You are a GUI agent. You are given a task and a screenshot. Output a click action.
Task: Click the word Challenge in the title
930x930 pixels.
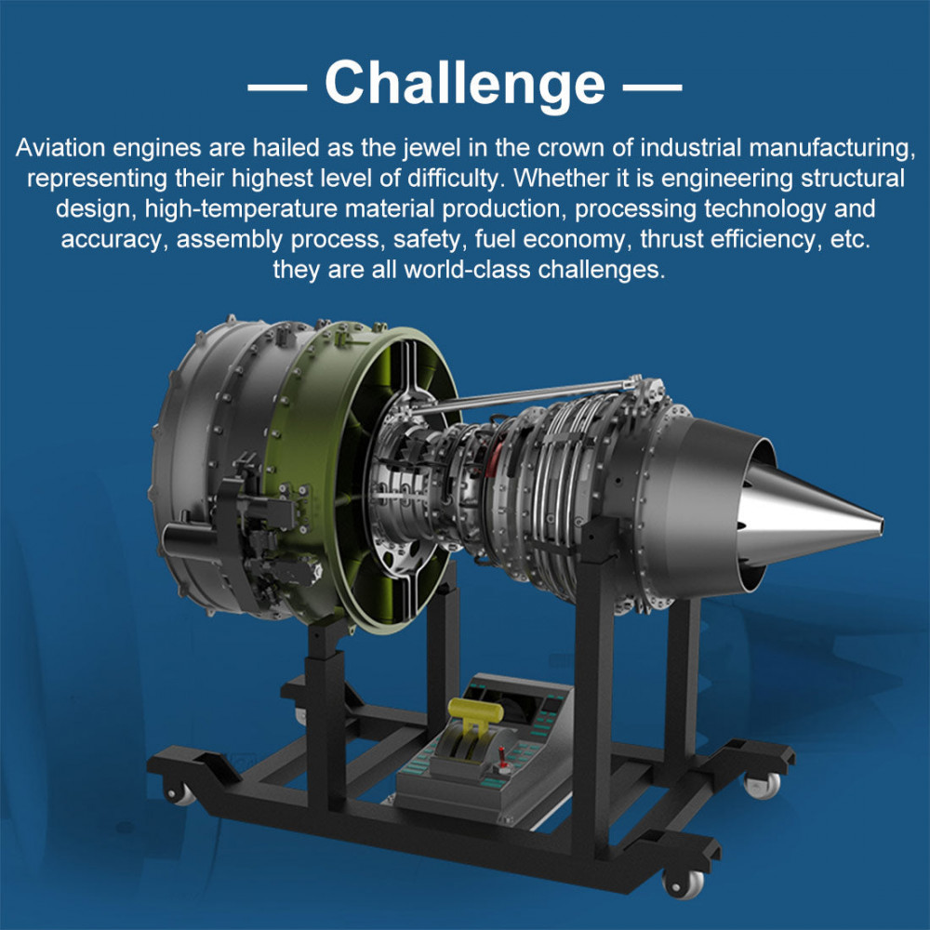pyautogui.click(x=465, y=84)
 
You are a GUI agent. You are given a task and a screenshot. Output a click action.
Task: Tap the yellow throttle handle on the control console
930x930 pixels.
pyautogui.click(x=475, y=711)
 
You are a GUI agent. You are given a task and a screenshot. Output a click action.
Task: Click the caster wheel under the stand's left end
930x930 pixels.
pyautogui.click(x=179, y=793)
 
